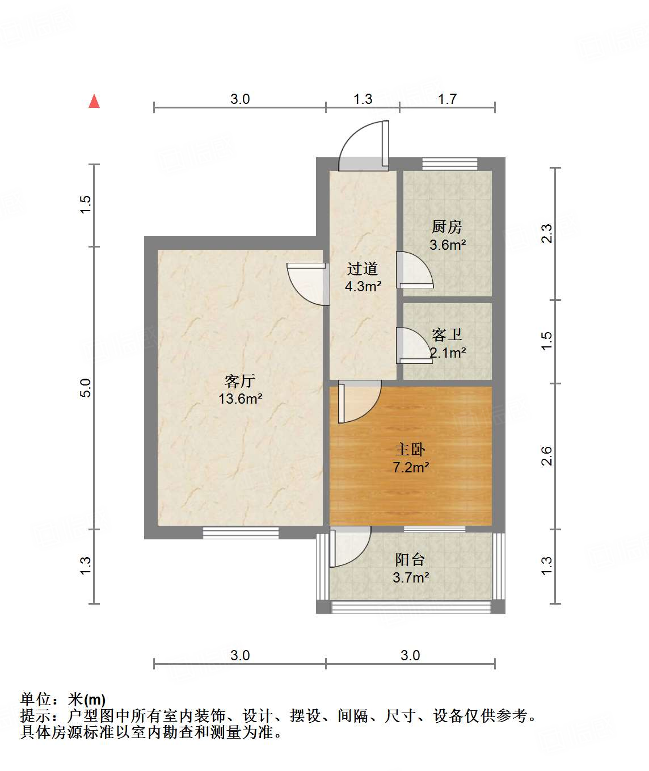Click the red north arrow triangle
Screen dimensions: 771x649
[x=94, y=102]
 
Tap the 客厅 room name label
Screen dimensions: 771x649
[x=240, y=380]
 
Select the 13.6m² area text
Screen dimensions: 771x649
[x=240, y=399]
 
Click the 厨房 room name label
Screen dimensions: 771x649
[x=447, y=227]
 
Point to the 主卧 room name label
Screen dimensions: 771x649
[x=410, y=450]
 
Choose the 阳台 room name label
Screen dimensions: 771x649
[x=410, y=560]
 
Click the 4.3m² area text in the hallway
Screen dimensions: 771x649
[x=363, y=286]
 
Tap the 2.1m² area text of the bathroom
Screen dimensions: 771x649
[x=448, y=353]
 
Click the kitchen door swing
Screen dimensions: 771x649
[x=414, y=270]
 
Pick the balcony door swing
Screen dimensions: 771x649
[x=348, y=546]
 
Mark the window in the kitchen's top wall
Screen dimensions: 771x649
[x=450, y=164]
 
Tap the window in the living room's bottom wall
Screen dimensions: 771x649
[x=241, y=533]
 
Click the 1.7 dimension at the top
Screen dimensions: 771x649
[x=447, y=99]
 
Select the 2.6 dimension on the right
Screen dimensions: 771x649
[x=546, y=456]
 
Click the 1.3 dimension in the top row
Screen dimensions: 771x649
[x=363, y=99]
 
